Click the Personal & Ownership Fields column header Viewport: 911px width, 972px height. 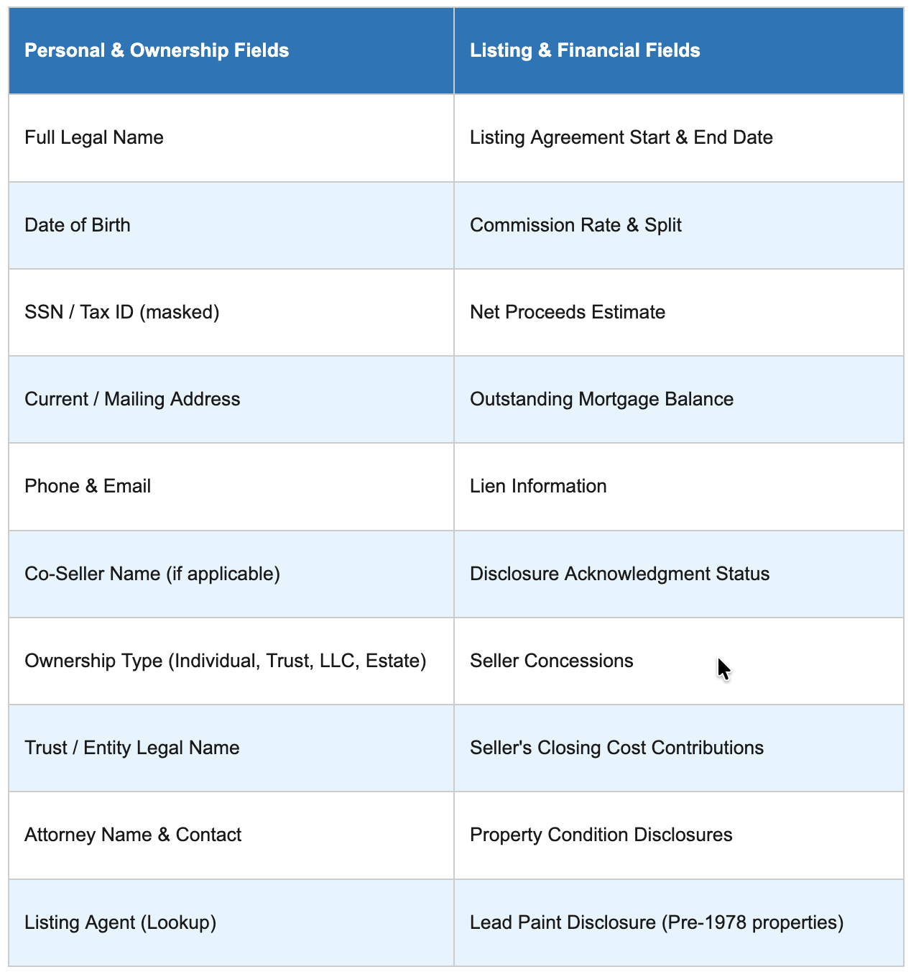[157, 50]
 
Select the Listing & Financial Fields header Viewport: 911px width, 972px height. [585, 50]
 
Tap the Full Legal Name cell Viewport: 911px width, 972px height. [94, 137]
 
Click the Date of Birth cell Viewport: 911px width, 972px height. [78, 225]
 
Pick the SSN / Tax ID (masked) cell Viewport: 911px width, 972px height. [122, 312]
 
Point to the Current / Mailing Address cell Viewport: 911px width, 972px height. [132, 399]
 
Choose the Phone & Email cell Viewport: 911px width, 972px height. [88, 486]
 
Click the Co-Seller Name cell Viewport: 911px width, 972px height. [152, 574]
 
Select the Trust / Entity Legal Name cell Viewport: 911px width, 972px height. [132, 748]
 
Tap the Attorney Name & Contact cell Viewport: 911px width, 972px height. [133, 835]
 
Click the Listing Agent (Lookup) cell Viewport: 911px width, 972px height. [121, 922]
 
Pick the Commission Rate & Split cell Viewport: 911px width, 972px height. [575, 225]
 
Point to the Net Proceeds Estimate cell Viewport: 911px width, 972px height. [568, 312]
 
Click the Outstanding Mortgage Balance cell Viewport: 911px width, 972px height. [601, 399]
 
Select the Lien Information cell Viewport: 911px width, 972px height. [538, 486]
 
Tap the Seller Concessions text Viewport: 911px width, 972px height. [552, 661]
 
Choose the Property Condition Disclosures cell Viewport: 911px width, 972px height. [601, 835]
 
